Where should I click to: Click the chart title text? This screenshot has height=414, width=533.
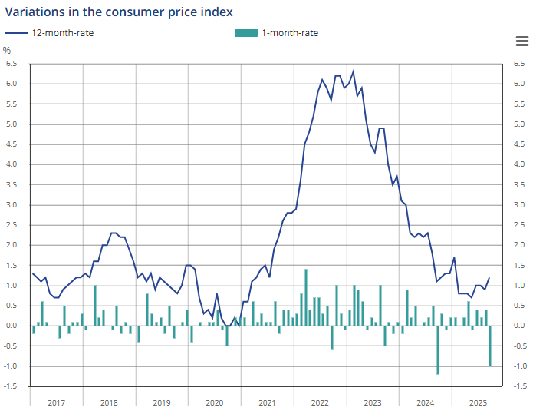pyautogui.click(x=119, y=12)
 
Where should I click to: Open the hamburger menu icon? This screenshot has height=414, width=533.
pyautogui.click(x=522, y=41)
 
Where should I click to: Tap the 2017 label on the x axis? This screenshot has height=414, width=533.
pyautogui.click(x=56, y=402)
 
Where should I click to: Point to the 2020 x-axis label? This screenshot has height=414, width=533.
pyautogui.click(x=215, y=402)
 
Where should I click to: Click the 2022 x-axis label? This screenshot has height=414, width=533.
pyautogui.click(x=320, y=402)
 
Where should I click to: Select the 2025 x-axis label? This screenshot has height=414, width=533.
pyautogui.click(x=479, y=402)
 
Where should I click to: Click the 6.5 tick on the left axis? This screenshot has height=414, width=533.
pyautogui.click(x=12, y=64)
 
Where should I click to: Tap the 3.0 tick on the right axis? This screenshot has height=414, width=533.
pyautogui.click(x=519, y=205)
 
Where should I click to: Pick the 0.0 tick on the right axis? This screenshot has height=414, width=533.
pyautogui.click(x=519, y=326)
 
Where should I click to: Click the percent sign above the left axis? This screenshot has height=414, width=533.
pyautogui.click(x=7, y=51)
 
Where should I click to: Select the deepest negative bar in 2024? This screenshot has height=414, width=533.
pyautogui.click(x=438, y=350)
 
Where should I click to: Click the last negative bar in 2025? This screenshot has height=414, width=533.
pyautogui.click(x=491, y=346)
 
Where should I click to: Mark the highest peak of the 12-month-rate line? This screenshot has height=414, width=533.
pyautogui.click(x=354, y=71)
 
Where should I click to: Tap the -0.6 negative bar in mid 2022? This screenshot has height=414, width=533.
pyautogui.click(x=332, y=338)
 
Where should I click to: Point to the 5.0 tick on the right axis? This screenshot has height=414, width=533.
pyautogui.click(x=519, y=124)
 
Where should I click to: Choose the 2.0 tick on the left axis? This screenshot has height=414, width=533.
pyautogui.click(x=12, y=245)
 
